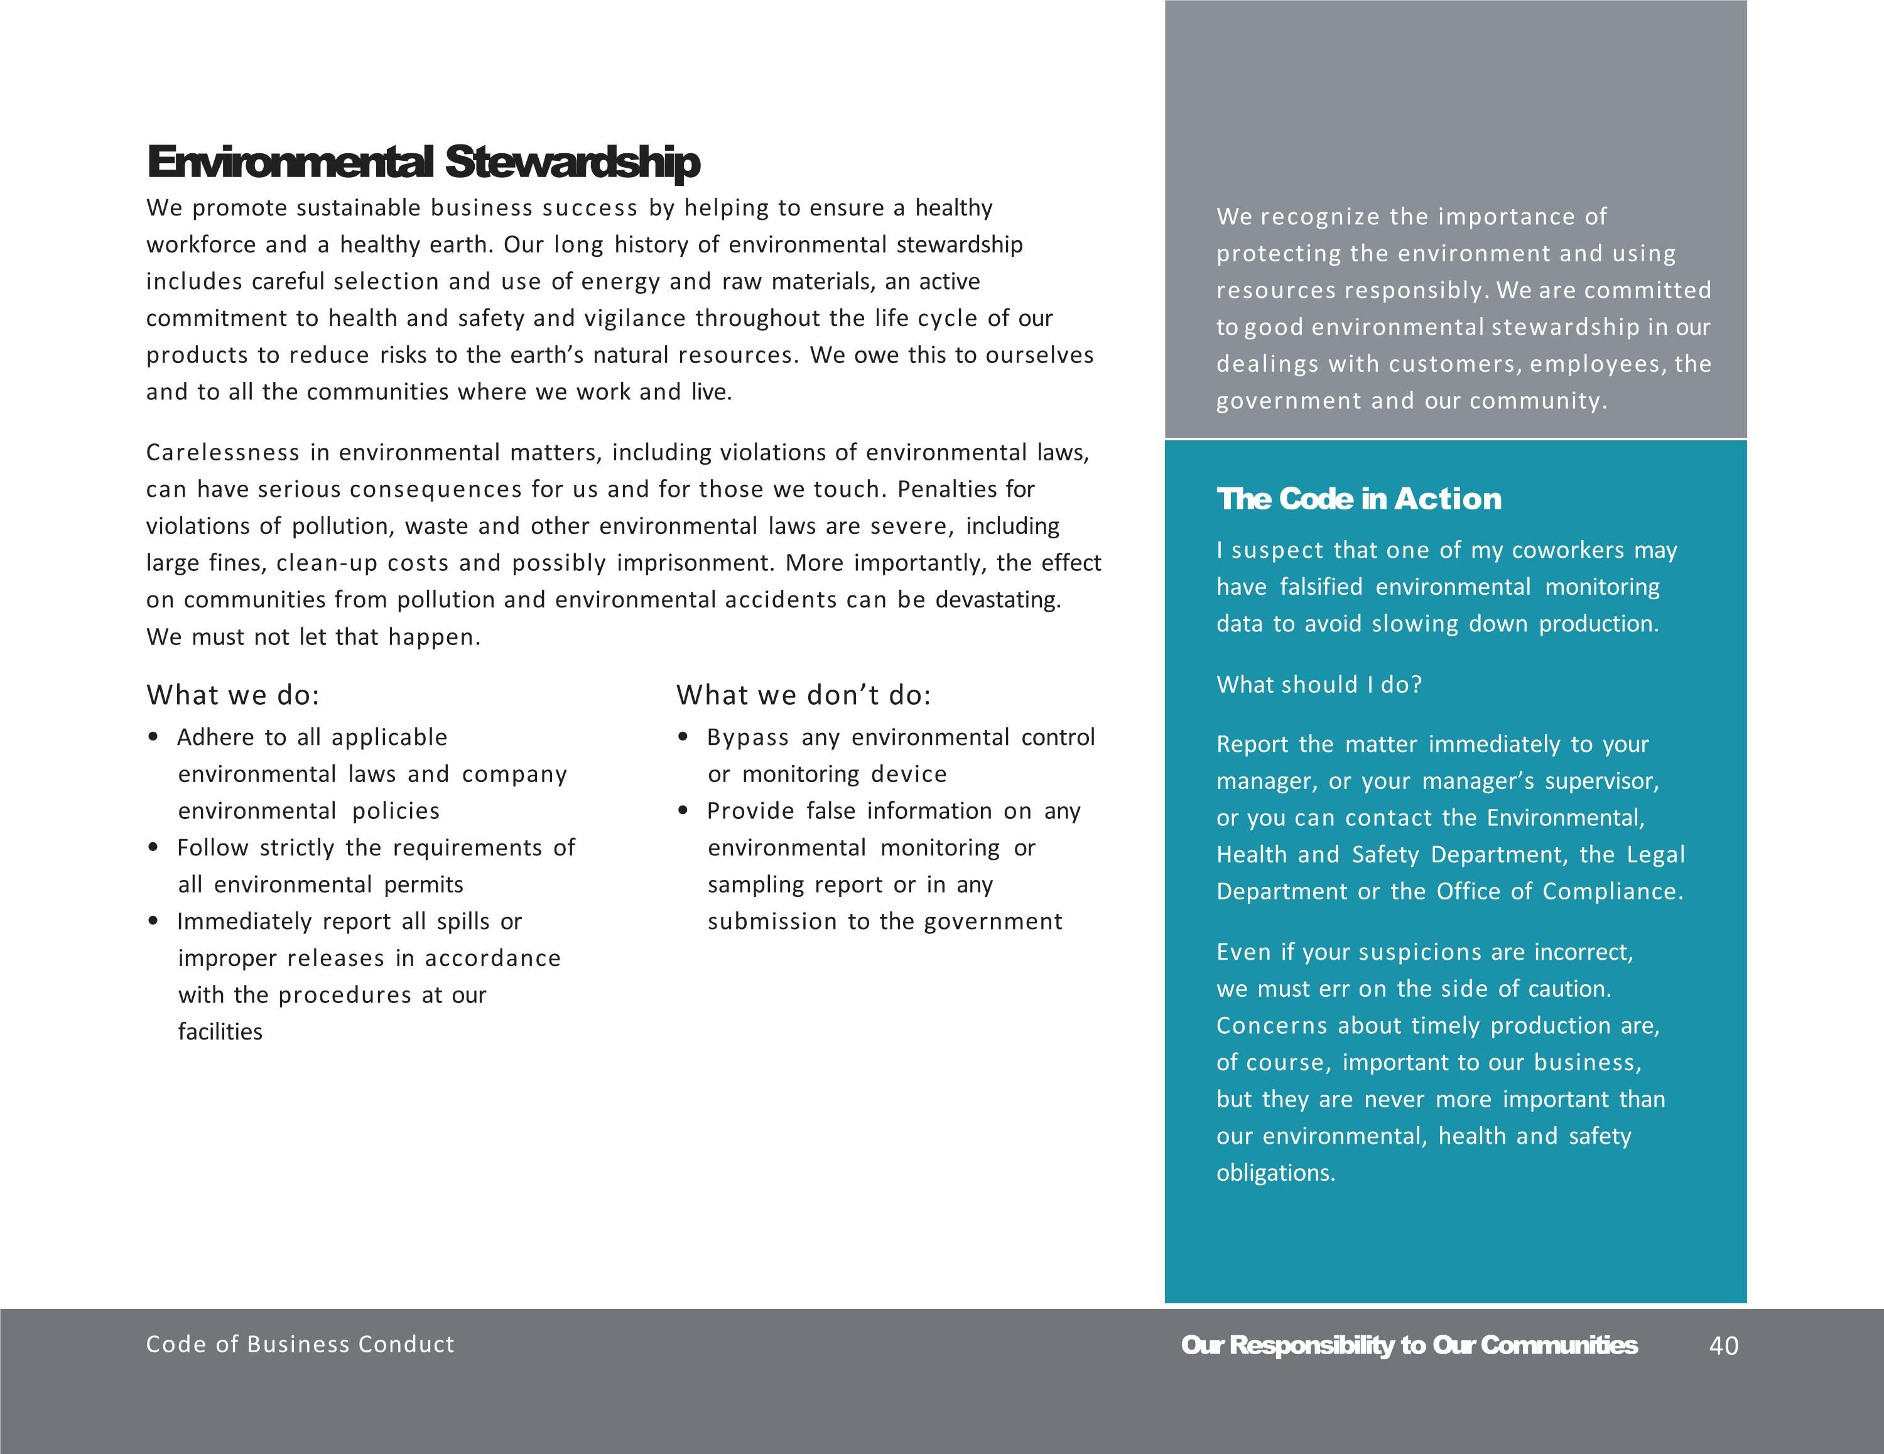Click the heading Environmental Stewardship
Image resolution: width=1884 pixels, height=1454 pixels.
click(x=423, y=162)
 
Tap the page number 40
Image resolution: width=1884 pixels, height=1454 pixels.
click(x=1724, y=1346)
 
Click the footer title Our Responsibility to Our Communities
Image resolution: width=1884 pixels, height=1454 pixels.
click(x=1409, y=1345)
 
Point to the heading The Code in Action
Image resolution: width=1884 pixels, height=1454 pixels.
click(x=1358, y=499)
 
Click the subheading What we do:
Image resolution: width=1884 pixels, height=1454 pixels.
click(x=233, y=695)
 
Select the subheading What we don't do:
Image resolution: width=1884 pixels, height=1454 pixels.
click(x=803, y=695)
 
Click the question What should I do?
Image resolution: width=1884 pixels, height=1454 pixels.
click(x=1319, y=684)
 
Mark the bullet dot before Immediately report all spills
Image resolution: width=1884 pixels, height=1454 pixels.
click(x=154, y=921)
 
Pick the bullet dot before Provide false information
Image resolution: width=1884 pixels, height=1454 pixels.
click(x=683, y=811)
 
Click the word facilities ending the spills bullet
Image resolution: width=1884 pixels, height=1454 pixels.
click(x=220, y=1032)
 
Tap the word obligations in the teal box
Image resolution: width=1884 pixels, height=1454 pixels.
click(x=1275, y=1173)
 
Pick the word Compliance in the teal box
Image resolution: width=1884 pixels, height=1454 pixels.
click(x=1611, y=891)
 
